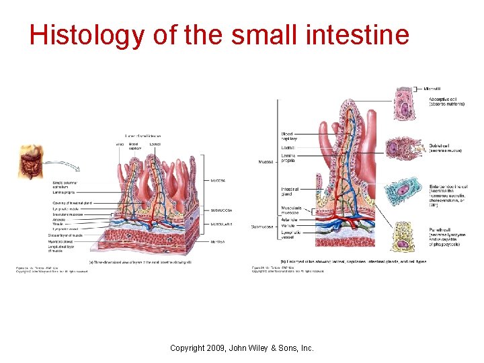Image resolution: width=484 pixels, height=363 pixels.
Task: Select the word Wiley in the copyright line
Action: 268,348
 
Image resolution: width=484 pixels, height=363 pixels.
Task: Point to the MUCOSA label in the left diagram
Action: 218,180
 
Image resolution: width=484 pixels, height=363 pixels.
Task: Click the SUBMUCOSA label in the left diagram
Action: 222,210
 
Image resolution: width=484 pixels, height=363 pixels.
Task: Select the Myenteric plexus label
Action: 61,241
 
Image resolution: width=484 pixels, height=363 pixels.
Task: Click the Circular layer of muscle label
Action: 65,235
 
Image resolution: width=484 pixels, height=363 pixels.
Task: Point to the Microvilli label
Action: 434,88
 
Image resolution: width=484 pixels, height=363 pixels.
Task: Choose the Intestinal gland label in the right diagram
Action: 290,192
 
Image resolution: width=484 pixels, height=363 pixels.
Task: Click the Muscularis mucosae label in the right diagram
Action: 291,211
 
